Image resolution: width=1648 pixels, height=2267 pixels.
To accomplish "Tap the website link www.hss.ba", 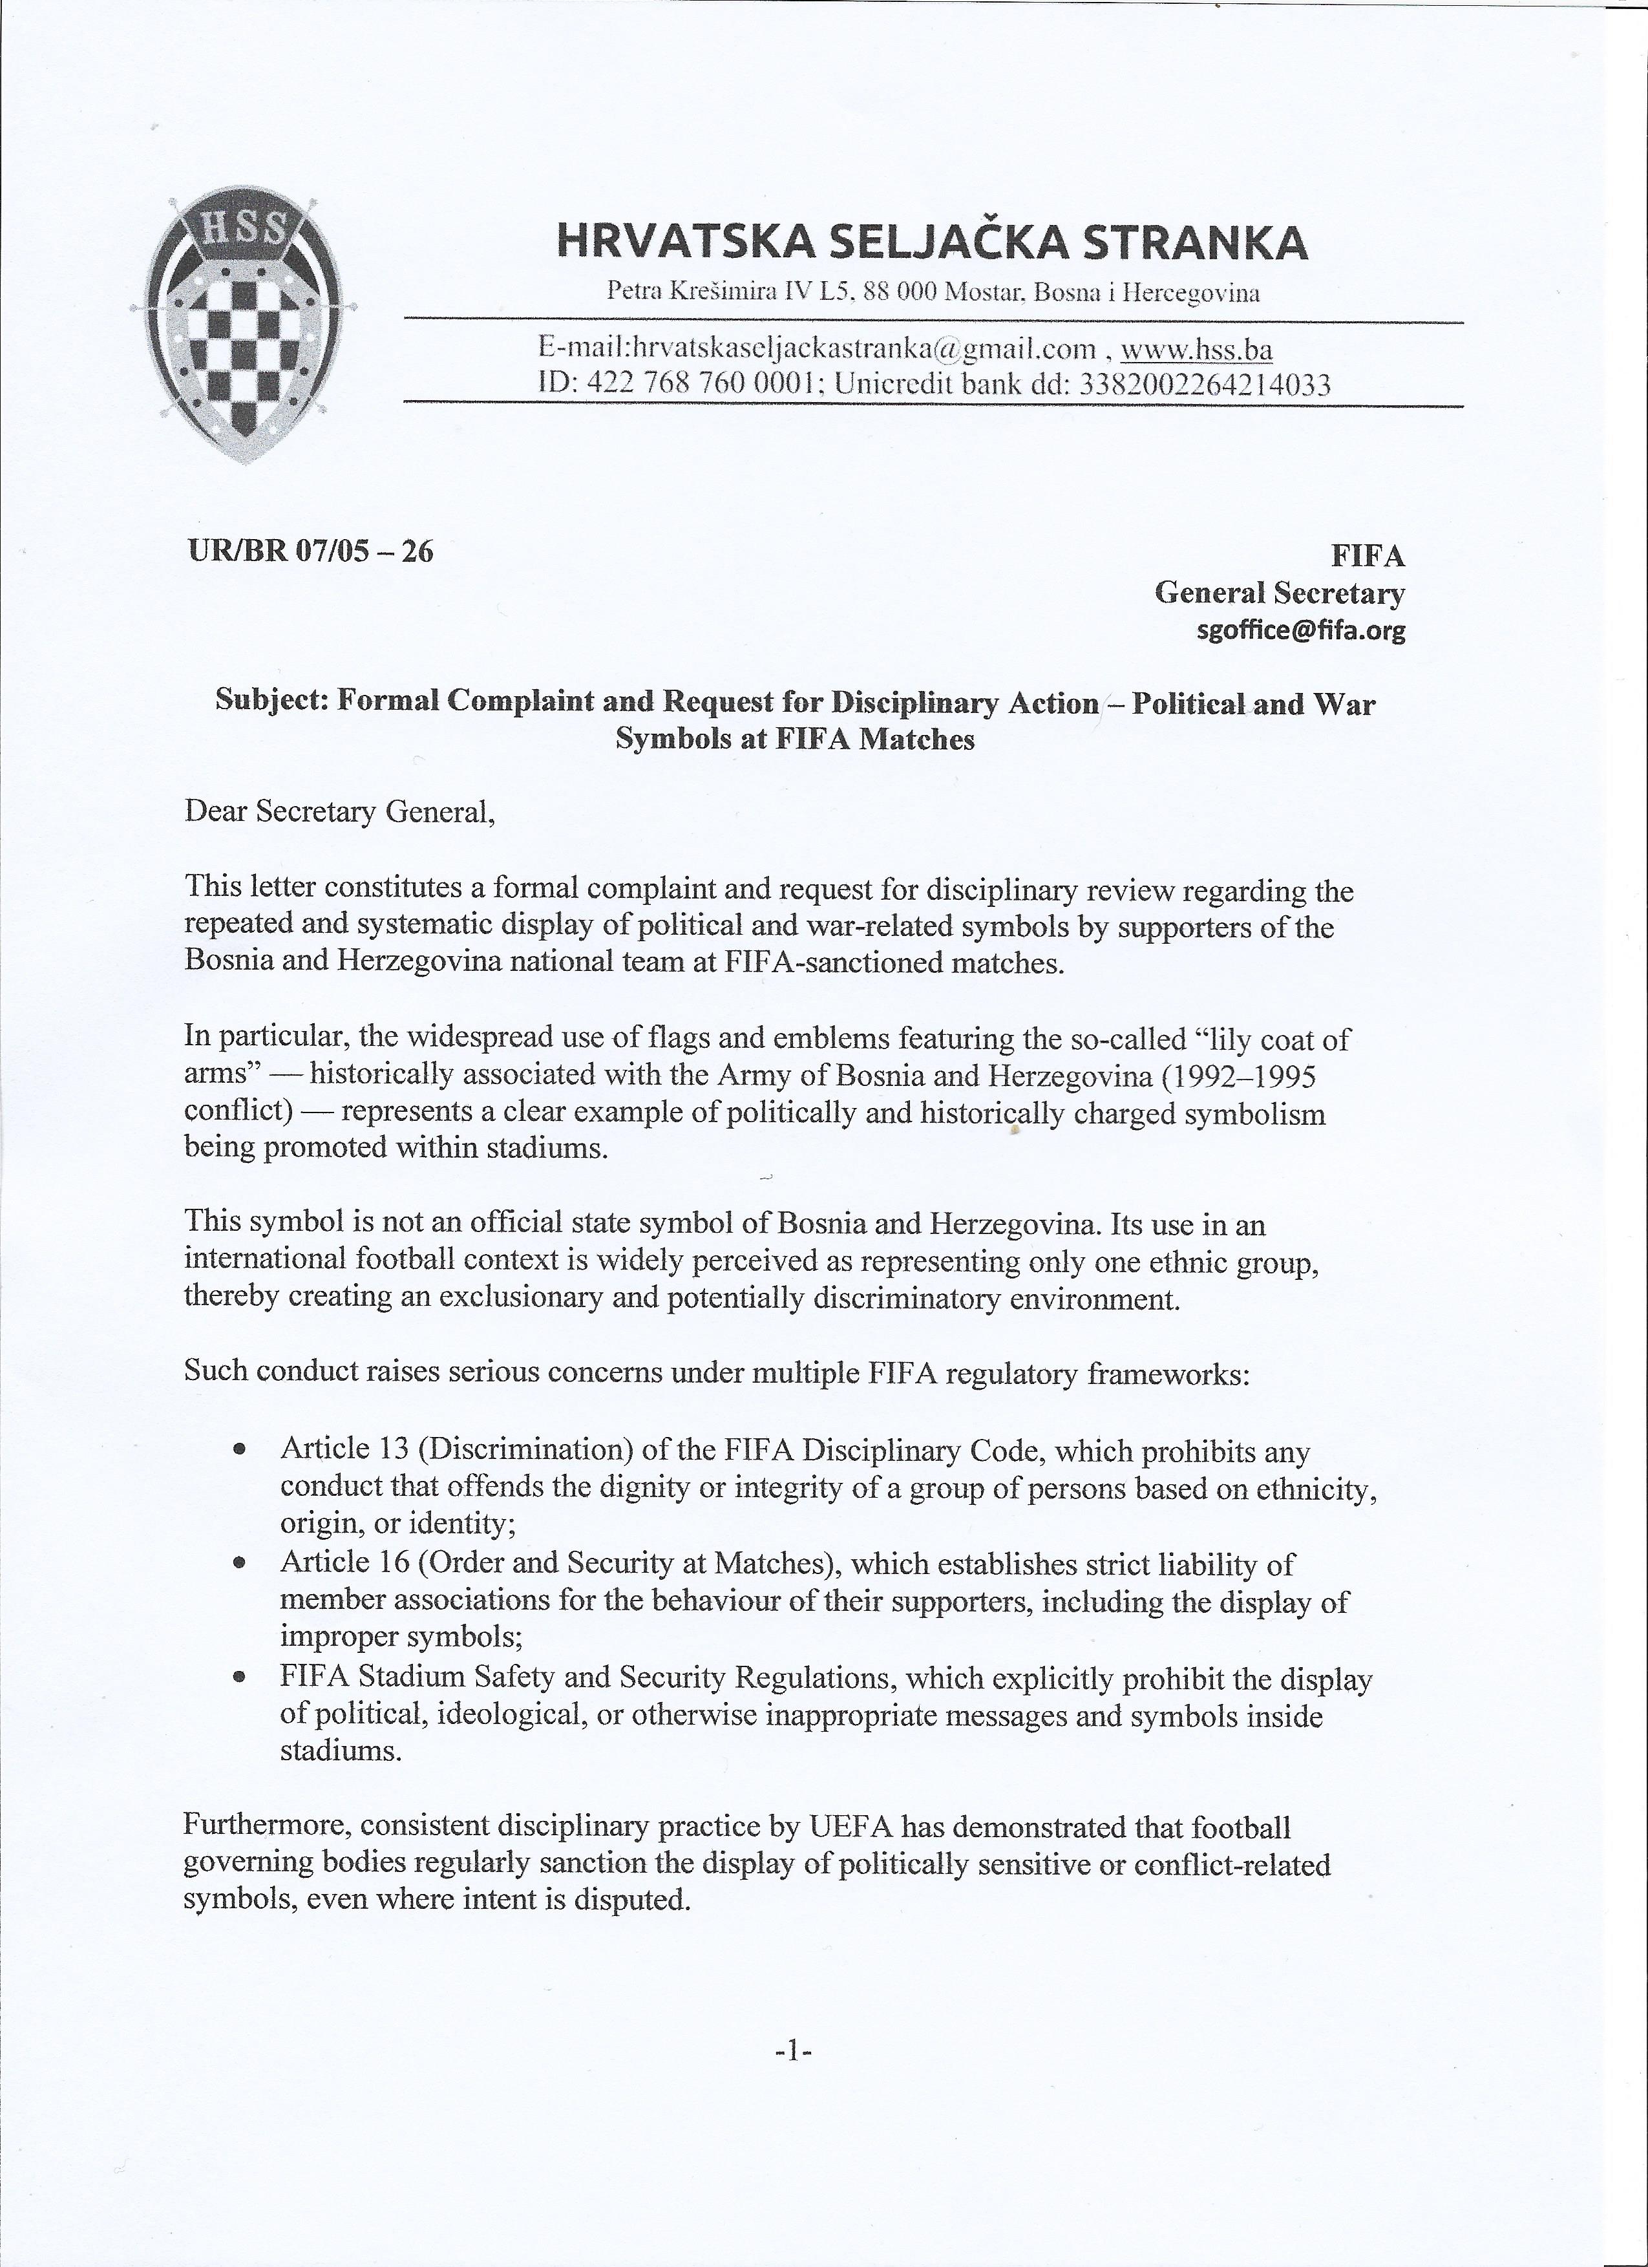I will click(1196, 349).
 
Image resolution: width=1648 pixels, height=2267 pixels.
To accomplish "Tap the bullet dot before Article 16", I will click(239, 1563).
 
